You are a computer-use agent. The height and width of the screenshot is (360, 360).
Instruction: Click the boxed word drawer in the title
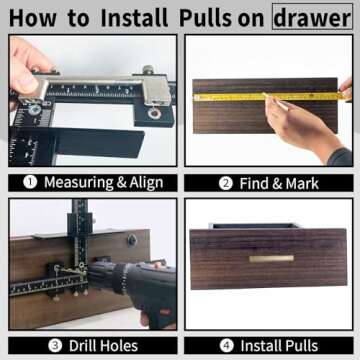(x=311, y=17)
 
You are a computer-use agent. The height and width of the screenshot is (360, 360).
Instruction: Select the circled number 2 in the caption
(x=226, y=183)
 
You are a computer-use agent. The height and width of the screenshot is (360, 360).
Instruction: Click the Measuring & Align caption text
(x=102, y=183)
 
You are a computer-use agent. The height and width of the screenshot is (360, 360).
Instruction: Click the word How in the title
(x=36, y=17)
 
